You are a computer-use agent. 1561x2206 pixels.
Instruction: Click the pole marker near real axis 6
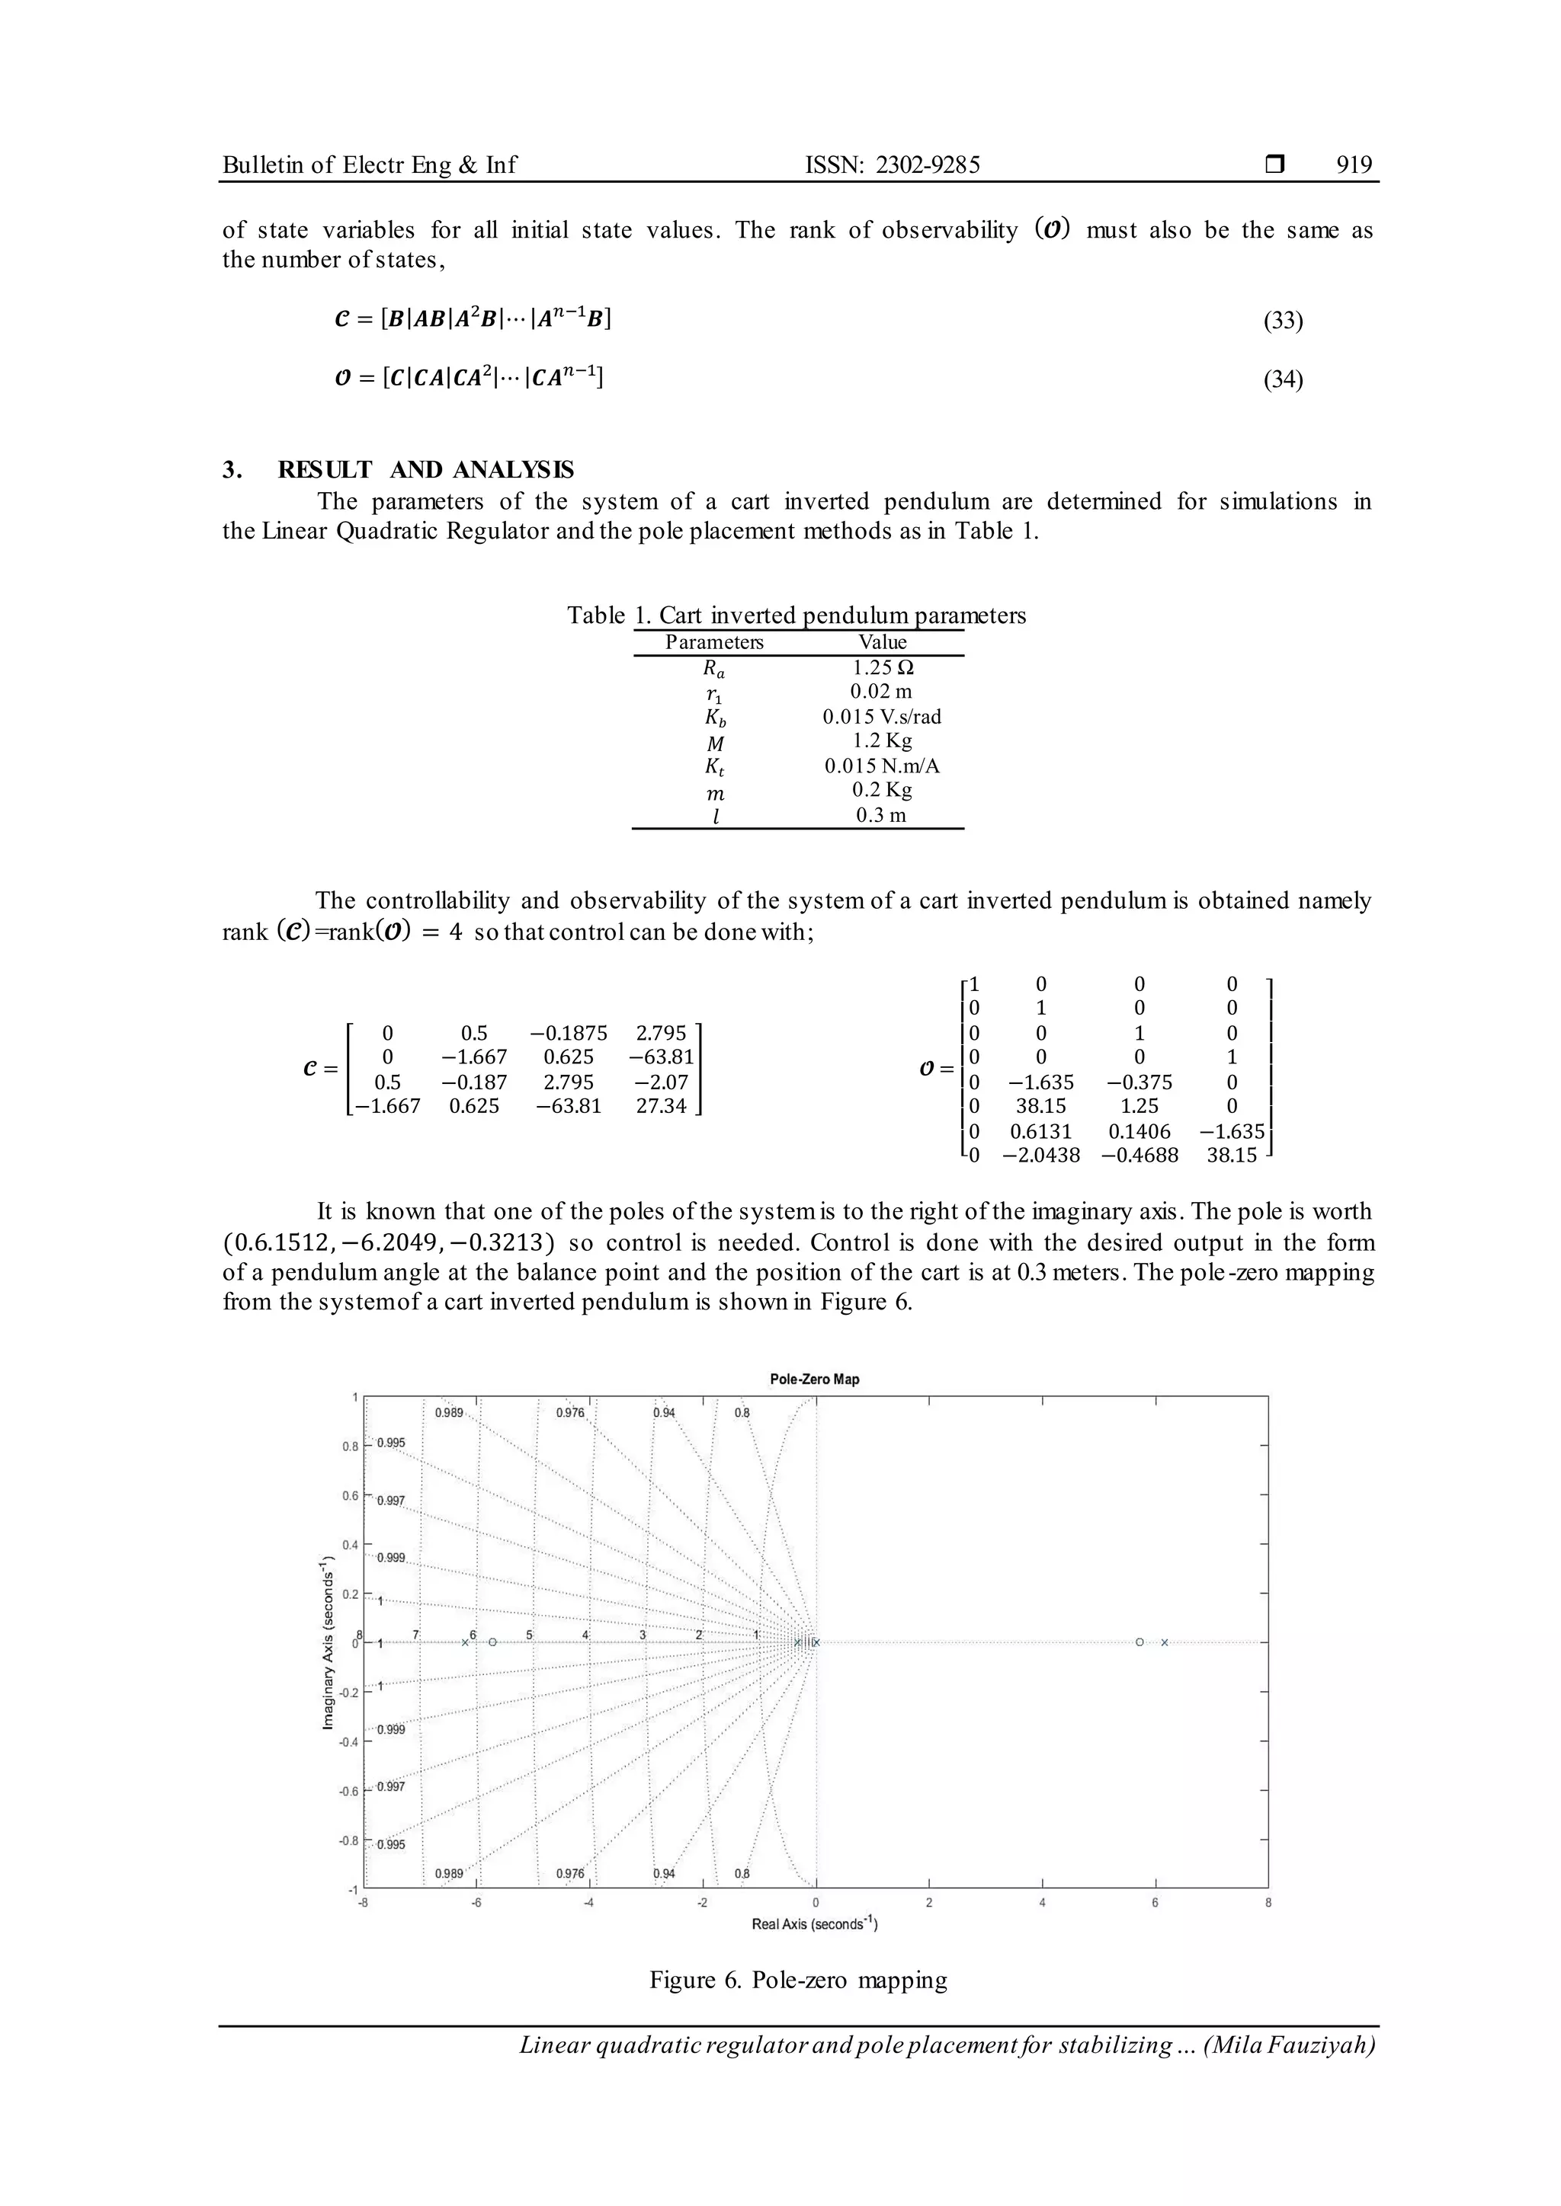1164,1642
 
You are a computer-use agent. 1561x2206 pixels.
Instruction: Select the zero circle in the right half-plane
1139,1642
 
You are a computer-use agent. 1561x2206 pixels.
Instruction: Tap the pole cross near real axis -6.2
465,1642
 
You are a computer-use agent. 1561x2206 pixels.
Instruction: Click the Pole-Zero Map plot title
814,1379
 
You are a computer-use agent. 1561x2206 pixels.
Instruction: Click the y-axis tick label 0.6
350,1496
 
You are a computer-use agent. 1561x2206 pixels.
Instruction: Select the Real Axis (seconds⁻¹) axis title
814,1923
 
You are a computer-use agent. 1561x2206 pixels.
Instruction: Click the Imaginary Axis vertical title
329,1642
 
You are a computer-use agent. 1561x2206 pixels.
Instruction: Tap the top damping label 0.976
570,1413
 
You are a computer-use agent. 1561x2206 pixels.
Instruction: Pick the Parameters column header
714,642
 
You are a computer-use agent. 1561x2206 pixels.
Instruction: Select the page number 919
1354,165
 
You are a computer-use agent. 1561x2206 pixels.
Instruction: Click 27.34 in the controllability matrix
662,1106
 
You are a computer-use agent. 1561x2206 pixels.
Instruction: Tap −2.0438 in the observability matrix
1041,1156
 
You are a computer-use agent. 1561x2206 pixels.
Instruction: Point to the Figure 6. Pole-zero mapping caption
798,1981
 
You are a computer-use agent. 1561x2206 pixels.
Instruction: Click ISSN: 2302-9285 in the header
892,165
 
